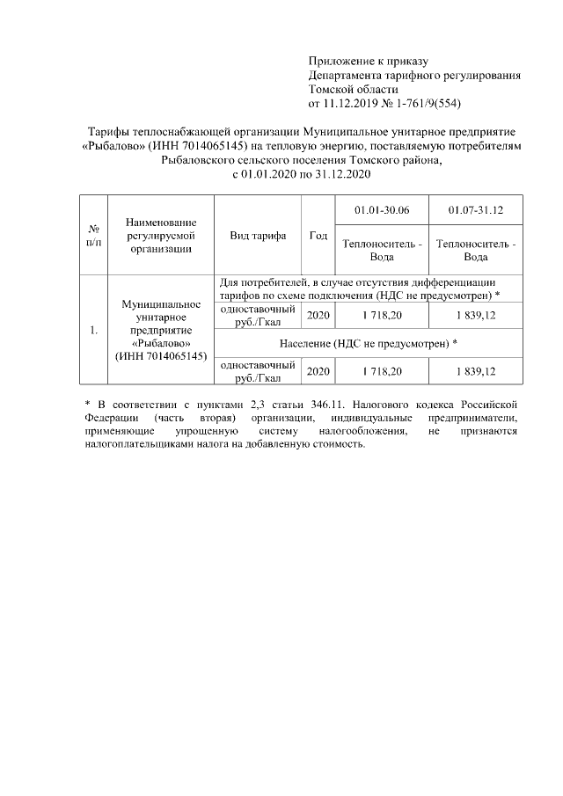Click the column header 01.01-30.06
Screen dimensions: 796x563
(x=382, y=211)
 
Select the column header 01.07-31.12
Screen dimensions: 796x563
(x=476, y=211)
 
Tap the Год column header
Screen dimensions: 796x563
(x=318, y=236)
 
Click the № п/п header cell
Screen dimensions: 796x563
(x=92, y=236)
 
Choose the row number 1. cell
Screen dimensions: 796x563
(x=92, y=331)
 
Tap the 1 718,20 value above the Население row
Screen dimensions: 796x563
(x=382, y=315)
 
